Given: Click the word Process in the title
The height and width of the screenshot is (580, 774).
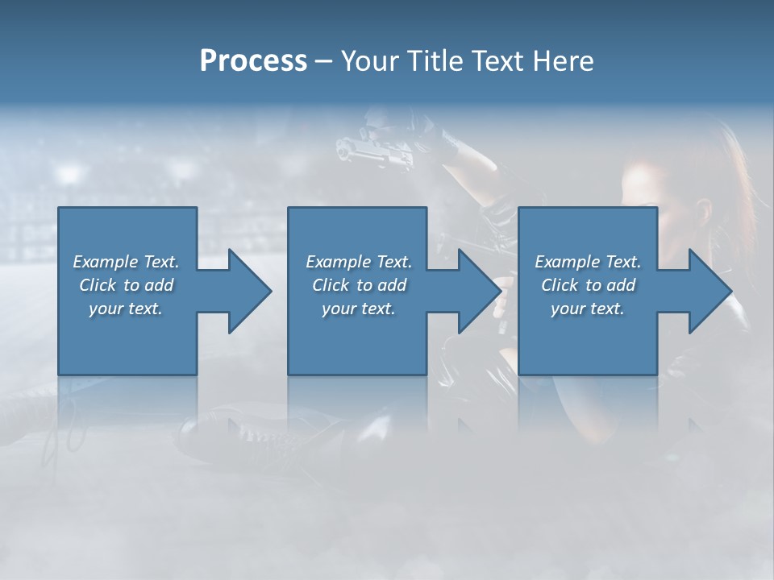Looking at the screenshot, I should click(253, 61).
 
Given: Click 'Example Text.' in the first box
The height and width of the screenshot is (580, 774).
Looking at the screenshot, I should click(126, 262).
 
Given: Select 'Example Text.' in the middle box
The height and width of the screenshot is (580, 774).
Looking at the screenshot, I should click(359, 262).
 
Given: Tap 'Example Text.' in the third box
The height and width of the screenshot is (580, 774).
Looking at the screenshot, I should click(588, 262).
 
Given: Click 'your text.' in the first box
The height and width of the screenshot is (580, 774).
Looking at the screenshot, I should click(126, 309).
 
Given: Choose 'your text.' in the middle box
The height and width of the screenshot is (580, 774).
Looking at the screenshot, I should click(359, 309).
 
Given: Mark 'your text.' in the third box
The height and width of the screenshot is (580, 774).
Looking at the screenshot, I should click(588, 309).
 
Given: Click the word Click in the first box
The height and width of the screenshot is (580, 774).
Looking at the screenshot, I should click(98, 285).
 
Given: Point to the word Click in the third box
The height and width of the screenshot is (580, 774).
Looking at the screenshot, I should click(560, 285).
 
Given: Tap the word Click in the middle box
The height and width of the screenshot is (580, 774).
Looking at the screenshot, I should click(331, 285).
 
